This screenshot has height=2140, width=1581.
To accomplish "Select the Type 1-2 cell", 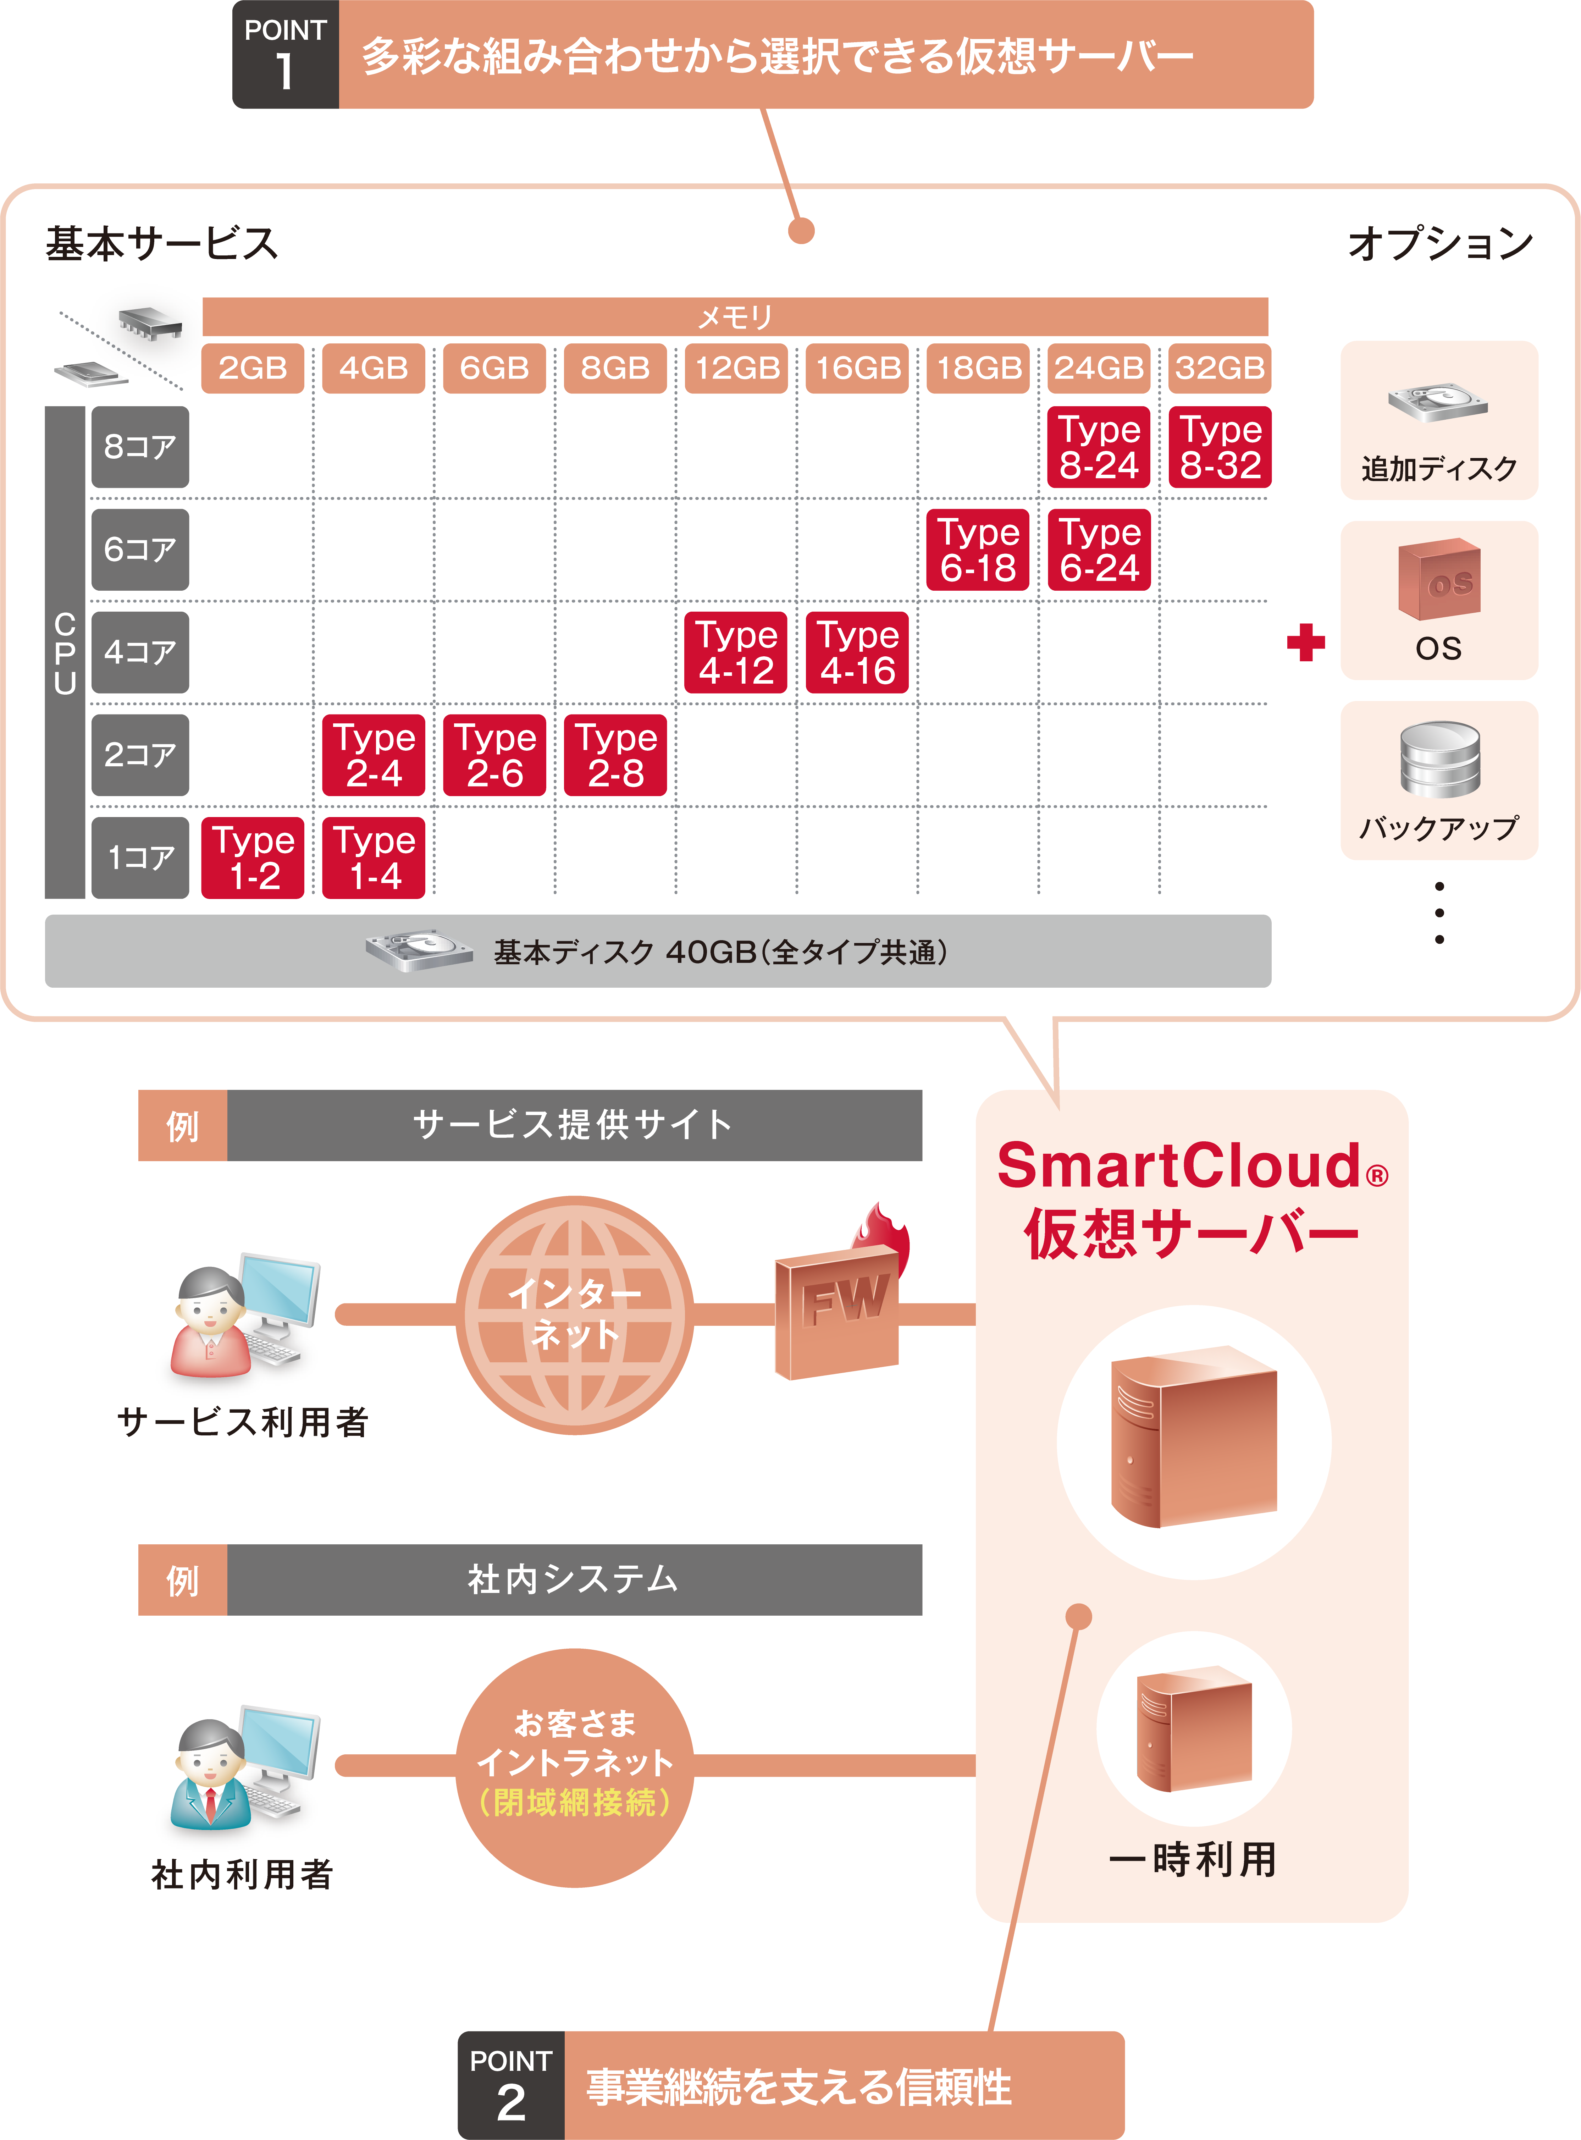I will [x=253, y=857].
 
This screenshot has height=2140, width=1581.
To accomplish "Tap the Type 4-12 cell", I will [x=736, y=653].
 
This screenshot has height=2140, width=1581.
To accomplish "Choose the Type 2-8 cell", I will [x=615, y=755].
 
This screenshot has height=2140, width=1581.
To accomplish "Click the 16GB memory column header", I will [x=857, y=368].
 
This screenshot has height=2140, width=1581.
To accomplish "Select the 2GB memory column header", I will [x=253, y=368].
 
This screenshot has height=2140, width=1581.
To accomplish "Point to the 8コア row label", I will [x=140, y=447].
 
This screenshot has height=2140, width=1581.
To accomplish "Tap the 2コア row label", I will [x=140, y=755].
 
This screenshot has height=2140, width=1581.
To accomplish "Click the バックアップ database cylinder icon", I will [x=1438, y=759].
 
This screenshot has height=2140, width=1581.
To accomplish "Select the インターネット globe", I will [x=574, y=1314].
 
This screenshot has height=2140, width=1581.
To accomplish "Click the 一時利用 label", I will [x=1193, y=1860].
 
